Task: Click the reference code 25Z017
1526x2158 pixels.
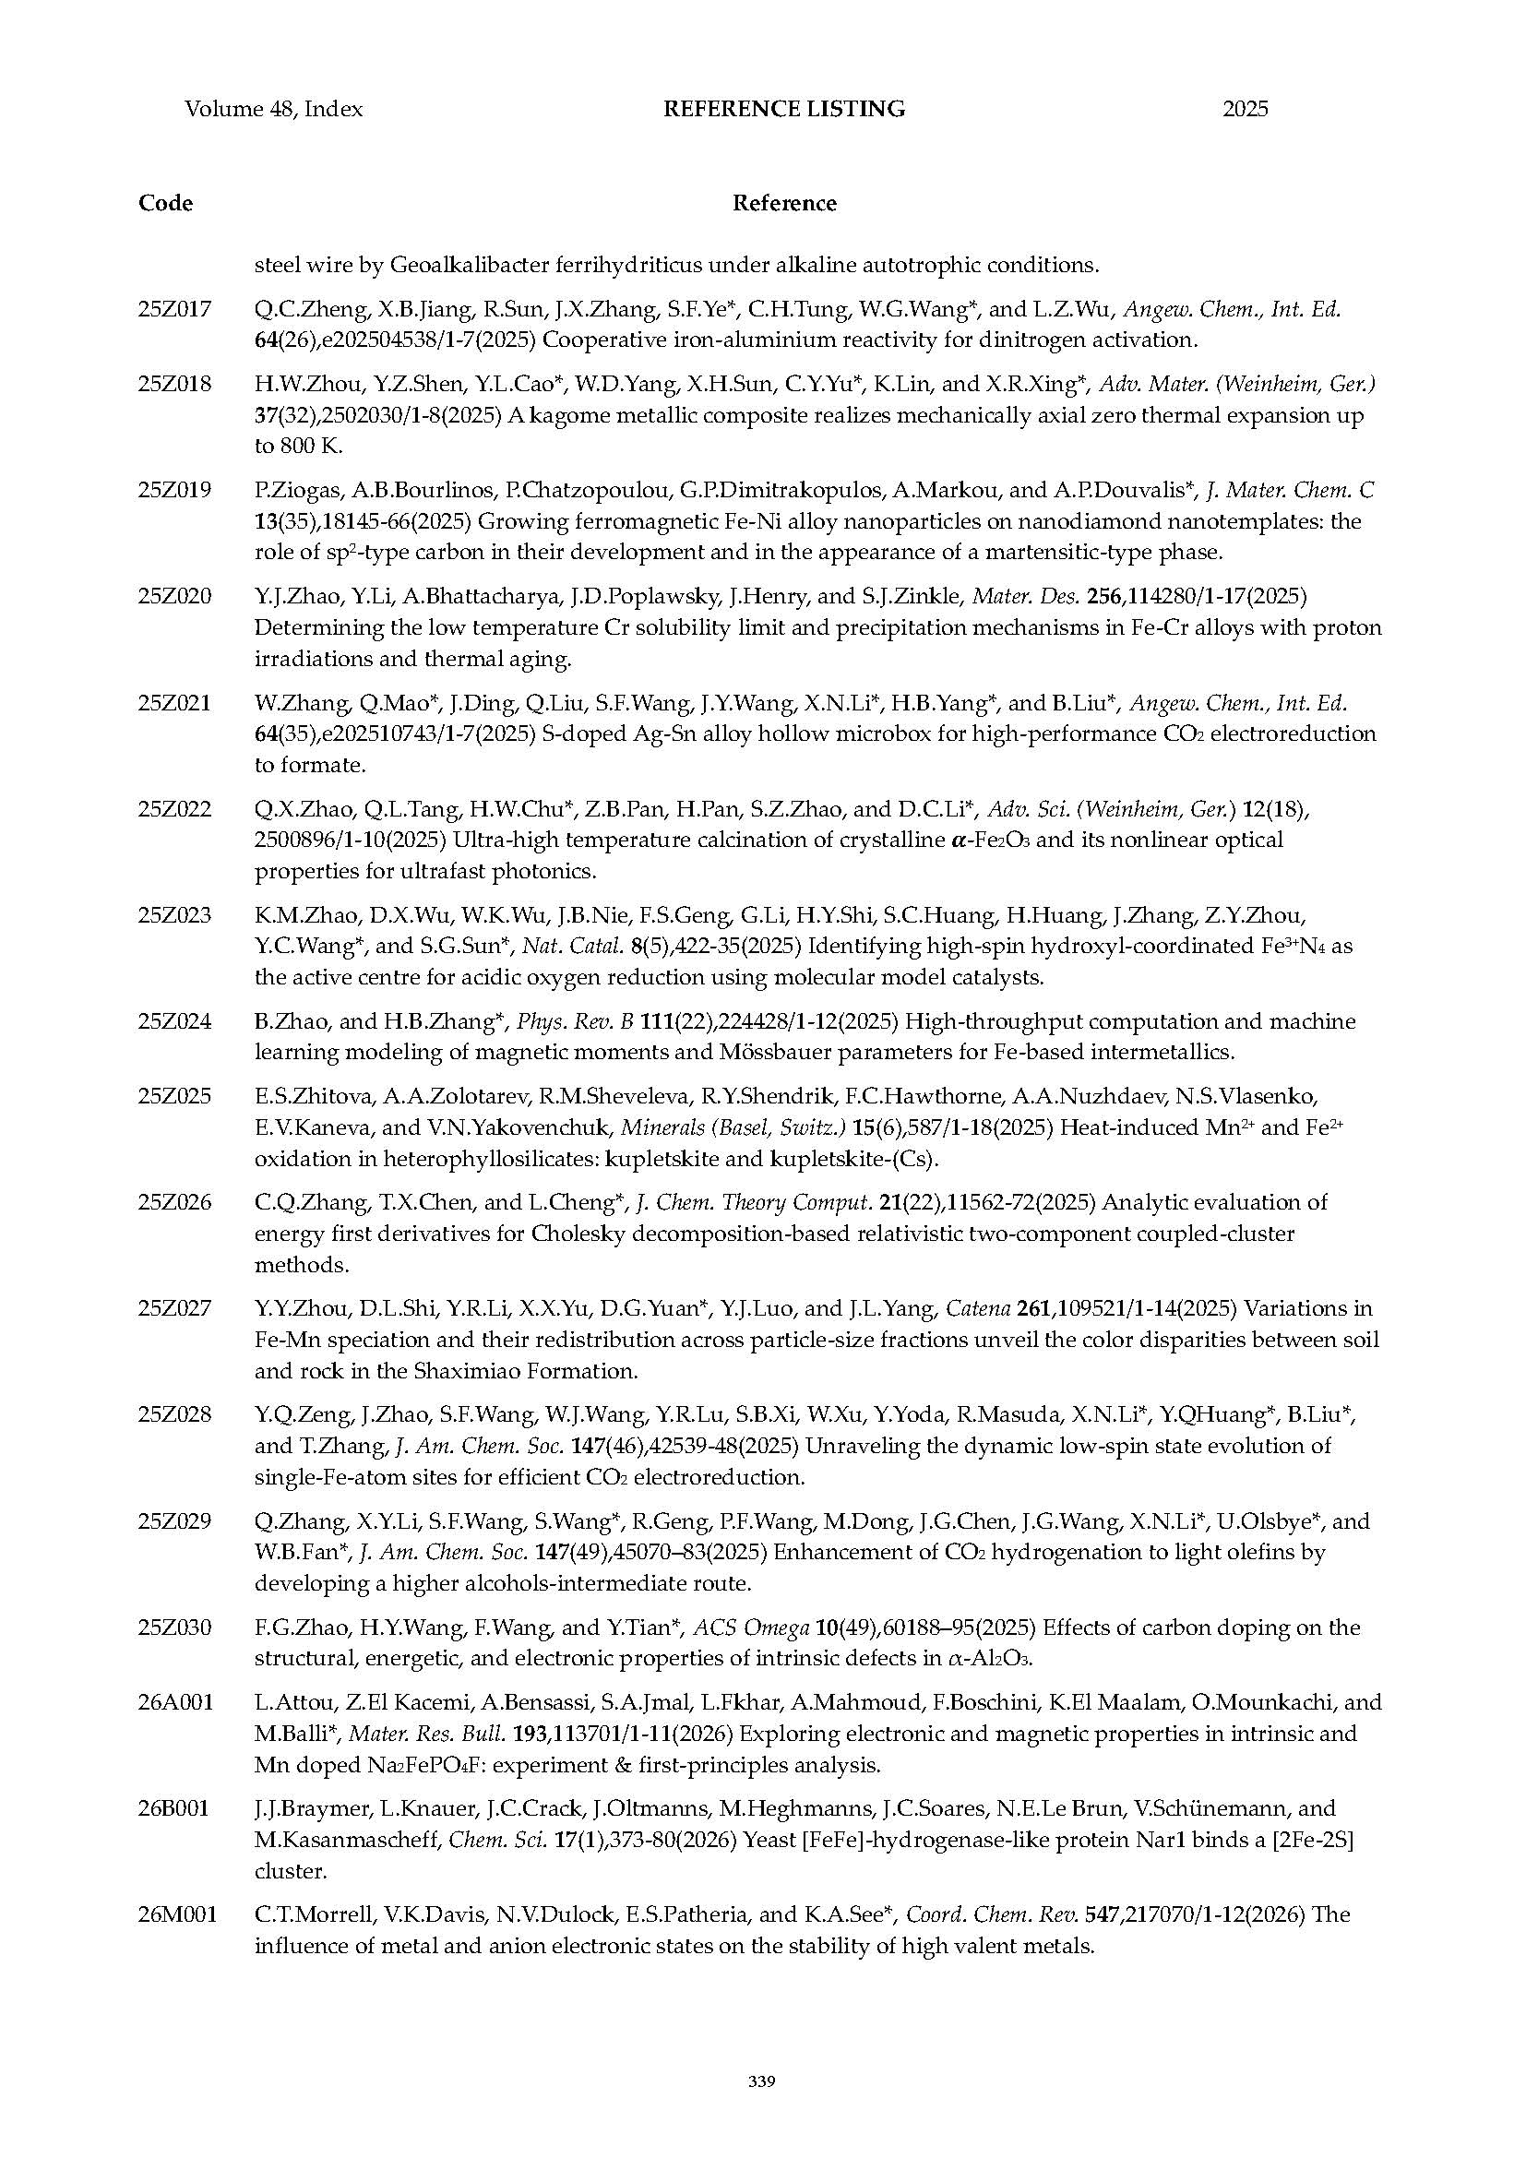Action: [x=174, y=308]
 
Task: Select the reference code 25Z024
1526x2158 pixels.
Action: [x=174, y=1020]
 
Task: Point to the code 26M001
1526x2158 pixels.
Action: [x=176, y=1914]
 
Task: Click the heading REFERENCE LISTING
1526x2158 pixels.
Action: [x=783, y=109]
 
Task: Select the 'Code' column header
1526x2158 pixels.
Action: [x=165, y=203]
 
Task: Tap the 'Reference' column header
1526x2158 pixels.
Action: [x=783, y=203]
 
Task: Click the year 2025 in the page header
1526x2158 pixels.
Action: [x=1245, y=109]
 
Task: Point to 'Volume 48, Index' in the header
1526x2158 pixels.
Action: [x=273, y=109]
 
